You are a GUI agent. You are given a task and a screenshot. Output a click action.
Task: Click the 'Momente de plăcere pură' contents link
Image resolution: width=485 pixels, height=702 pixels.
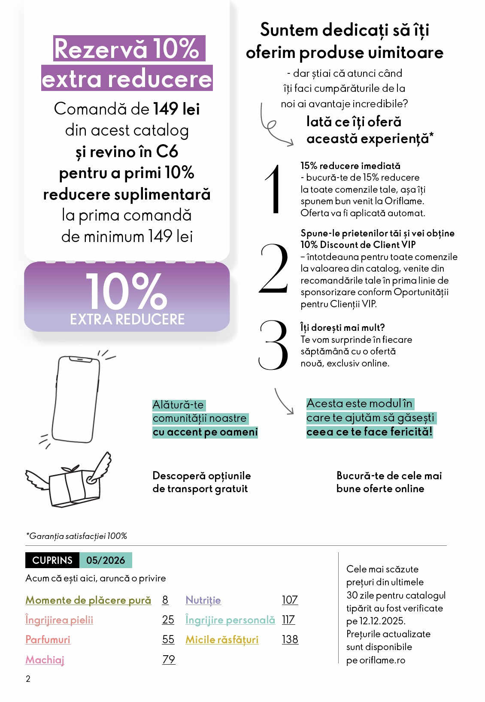(88, 600)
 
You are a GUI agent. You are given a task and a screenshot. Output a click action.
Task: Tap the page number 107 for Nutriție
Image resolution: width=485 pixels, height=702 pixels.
(290, 600)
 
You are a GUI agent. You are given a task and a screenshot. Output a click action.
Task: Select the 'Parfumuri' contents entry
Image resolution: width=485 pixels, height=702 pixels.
(48, 639)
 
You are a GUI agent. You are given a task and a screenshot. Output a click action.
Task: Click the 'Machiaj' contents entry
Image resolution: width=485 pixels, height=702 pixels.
(45, 660)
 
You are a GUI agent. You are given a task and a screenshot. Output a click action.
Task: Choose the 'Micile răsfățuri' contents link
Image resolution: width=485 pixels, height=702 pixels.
(222, 639)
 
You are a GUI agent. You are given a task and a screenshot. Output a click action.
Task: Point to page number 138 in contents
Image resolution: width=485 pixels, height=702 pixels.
(290, 639)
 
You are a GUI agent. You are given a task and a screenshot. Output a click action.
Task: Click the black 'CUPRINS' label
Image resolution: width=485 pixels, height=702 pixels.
(52, 560)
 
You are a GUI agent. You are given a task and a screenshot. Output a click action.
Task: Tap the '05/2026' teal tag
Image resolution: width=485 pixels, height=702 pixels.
(106, 560)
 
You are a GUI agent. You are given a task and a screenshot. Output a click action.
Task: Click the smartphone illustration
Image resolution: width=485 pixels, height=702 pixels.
(76, 399)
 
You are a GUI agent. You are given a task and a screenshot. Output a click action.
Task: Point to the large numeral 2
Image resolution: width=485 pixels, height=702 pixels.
(273, 269)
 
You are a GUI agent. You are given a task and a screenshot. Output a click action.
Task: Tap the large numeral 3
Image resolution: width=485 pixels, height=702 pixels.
(273, 345)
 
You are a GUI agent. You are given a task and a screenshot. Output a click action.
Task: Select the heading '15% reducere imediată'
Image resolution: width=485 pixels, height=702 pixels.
(350, 166)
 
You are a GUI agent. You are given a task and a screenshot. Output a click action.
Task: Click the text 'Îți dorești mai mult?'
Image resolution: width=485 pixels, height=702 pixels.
(343, 327)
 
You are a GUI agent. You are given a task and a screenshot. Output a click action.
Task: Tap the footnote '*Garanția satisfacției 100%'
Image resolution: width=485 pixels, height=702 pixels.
(76, 536)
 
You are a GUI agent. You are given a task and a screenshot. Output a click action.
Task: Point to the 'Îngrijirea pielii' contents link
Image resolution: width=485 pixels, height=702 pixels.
(59, 620)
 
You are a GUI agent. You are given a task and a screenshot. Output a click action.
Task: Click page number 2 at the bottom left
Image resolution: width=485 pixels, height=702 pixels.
(28, 679)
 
